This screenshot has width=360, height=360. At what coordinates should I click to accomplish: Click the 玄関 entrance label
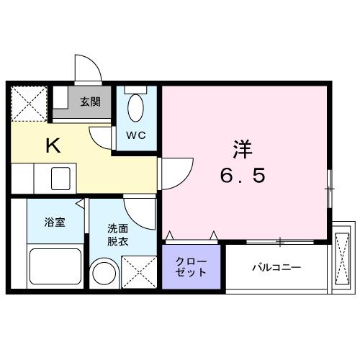click(x=90, y=102)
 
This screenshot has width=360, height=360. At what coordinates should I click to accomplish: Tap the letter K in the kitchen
click(x=53, y=146)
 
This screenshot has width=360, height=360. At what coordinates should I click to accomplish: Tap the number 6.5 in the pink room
click(x=242, y=176)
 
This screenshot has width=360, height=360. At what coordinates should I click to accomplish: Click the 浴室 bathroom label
click(x=54, y=222)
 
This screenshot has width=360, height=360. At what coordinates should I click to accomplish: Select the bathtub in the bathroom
click(x=55, y=267)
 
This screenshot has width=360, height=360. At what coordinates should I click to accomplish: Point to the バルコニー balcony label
click(x=276, y=268)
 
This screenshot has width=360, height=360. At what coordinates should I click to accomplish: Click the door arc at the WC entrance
click(x=101, y=136)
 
